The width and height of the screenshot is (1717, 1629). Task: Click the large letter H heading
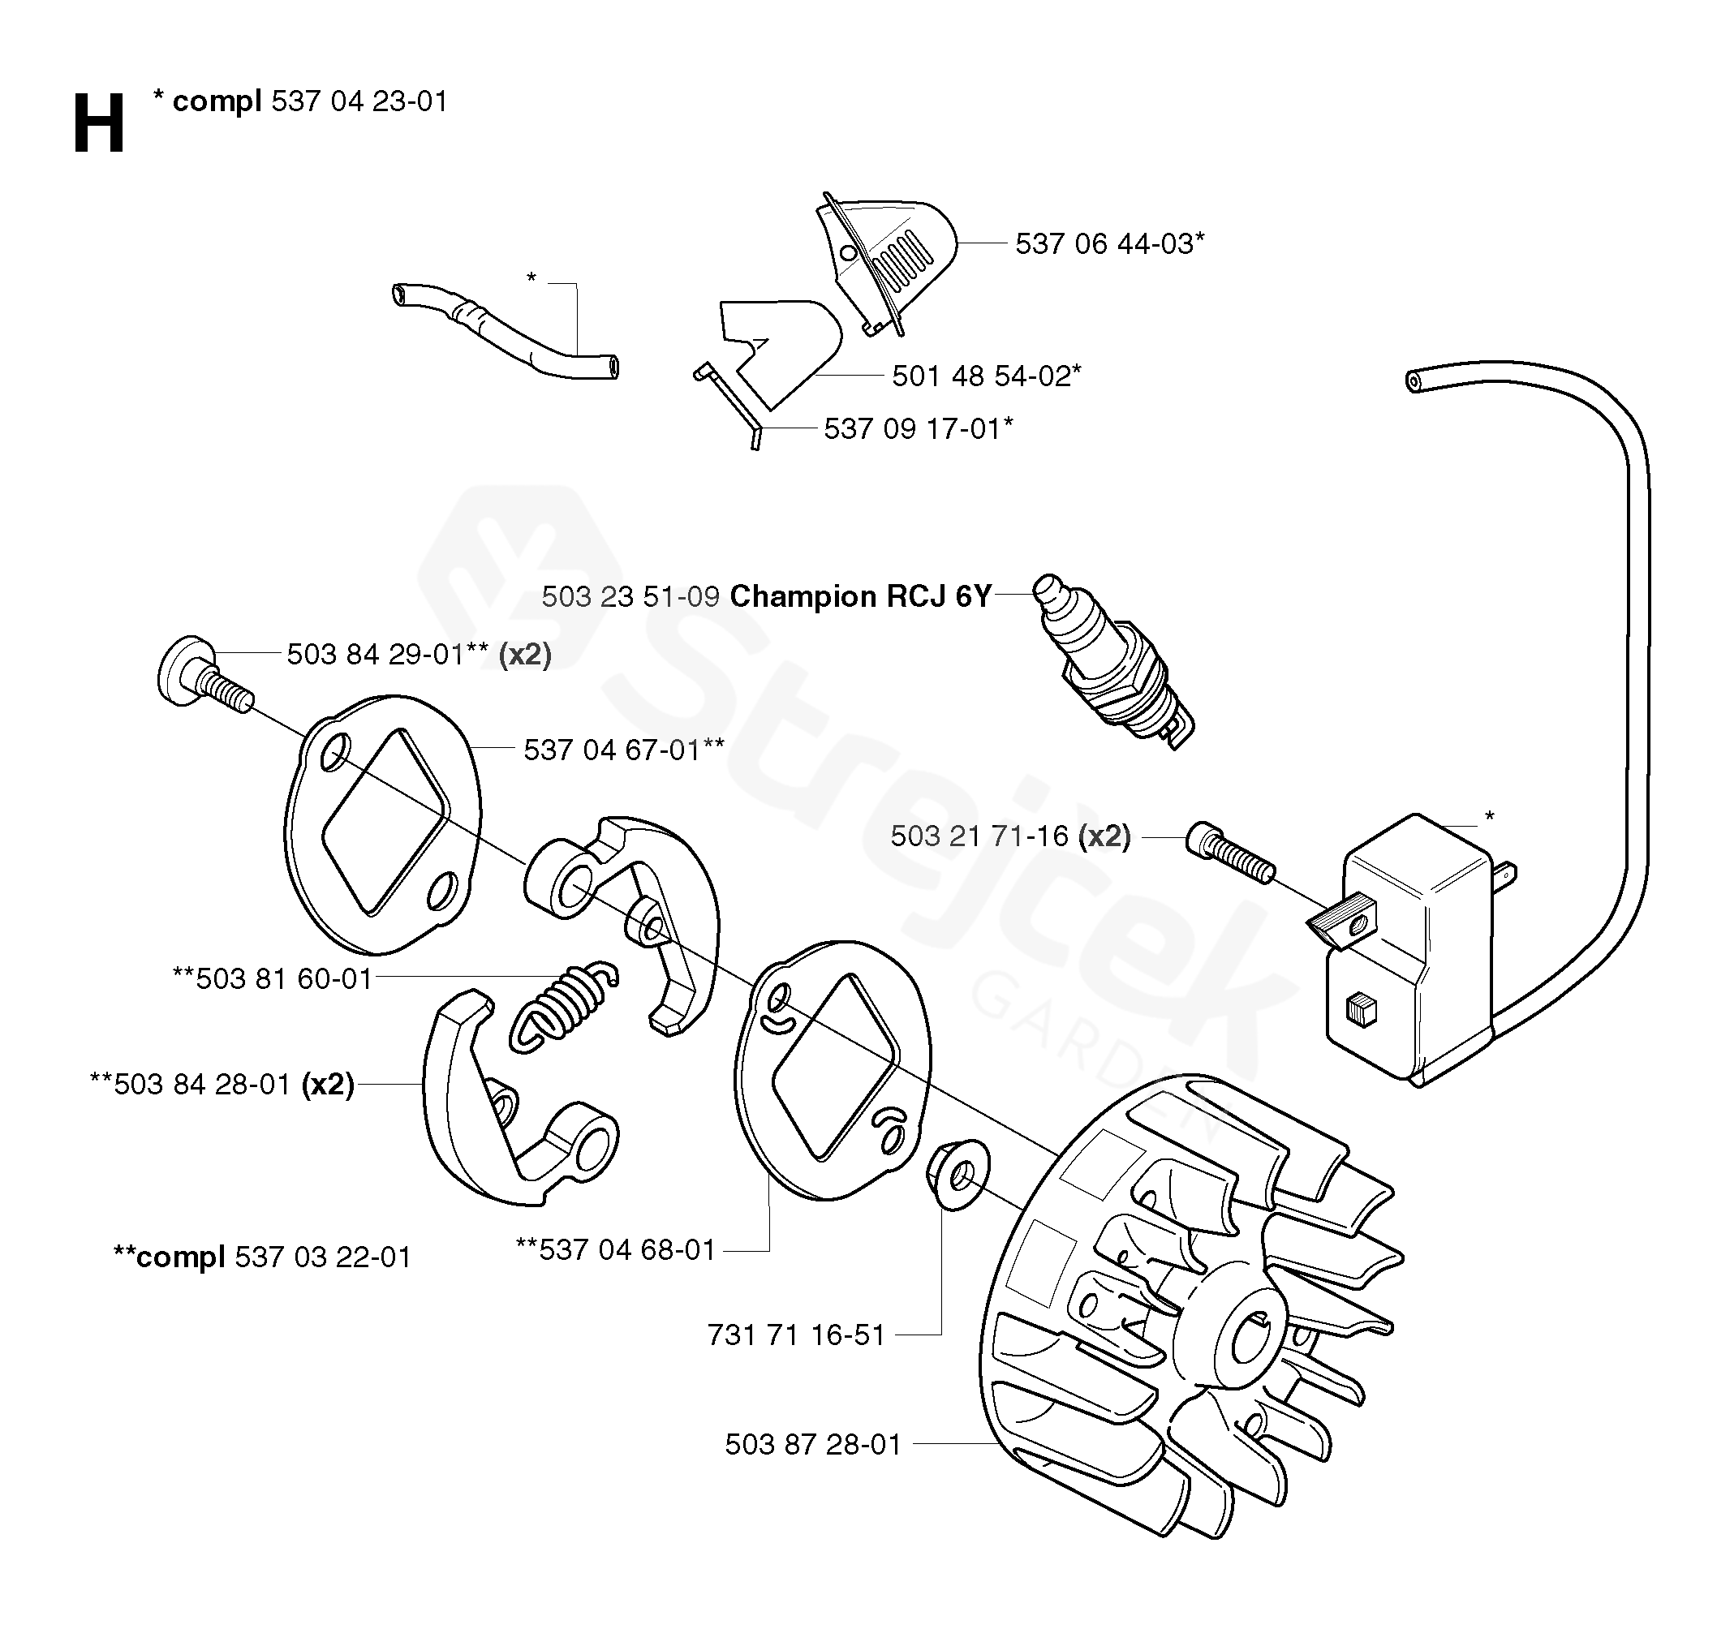tap(99, 124)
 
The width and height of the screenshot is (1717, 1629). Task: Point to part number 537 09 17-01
tap(913, 429)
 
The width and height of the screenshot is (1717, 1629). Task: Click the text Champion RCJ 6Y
tap(861, 596)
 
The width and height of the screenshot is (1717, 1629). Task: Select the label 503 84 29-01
tap(375, 655)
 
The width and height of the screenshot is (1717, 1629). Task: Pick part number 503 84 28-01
tap(202, 1085)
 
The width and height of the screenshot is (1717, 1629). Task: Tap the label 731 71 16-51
tap(796, 1335)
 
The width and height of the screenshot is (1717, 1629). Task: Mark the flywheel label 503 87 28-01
tap(814, 1444)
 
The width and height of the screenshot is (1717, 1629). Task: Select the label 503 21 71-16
tap(979, 836)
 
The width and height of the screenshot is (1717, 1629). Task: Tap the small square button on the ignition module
tap(1361, 1011)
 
